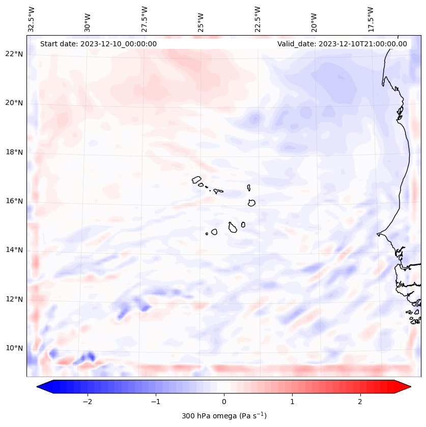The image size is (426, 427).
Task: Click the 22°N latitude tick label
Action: click(x=14, y=54)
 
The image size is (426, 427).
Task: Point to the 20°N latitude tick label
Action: click(x=14, y=103)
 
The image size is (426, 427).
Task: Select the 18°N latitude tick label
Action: click(x=14, y=152)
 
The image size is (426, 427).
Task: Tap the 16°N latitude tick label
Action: click(x=14, y=201)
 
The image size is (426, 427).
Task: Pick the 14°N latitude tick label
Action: click(x=14, y=250)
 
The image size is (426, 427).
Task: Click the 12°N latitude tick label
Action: click(x=14, y=299)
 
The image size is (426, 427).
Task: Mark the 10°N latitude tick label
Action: click(x=14, y=348)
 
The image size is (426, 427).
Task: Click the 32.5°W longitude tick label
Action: click(x=32, y=19)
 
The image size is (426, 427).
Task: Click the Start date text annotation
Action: click(x=98, y=44)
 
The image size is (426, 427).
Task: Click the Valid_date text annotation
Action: click(x=342, y=44)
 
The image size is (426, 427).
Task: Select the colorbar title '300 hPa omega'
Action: click(x=224, y=416)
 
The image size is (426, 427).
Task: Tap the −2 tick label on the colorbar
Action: click(x=87, y=401)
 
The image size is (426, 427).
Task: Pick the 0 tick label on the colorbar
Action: click(x=224, y=401)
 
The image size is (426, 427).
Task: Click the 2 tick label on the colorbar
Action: click(x=360, y=401)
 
